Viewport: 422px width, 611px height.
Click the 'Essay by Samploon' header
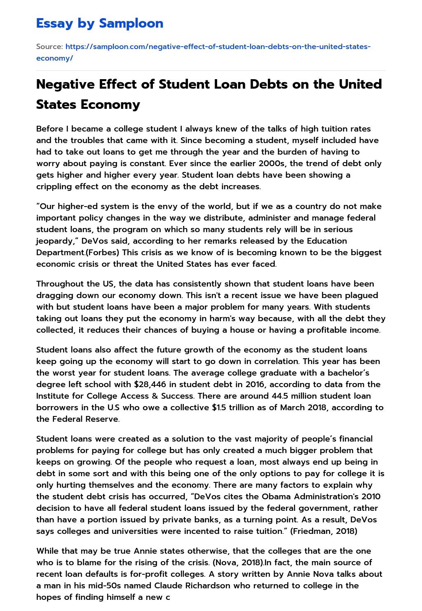[100, 23]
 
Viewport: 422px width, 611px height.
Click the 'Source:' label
[49, 47]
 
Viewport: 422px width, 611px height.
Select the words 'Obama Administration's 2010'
[325, 496]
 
